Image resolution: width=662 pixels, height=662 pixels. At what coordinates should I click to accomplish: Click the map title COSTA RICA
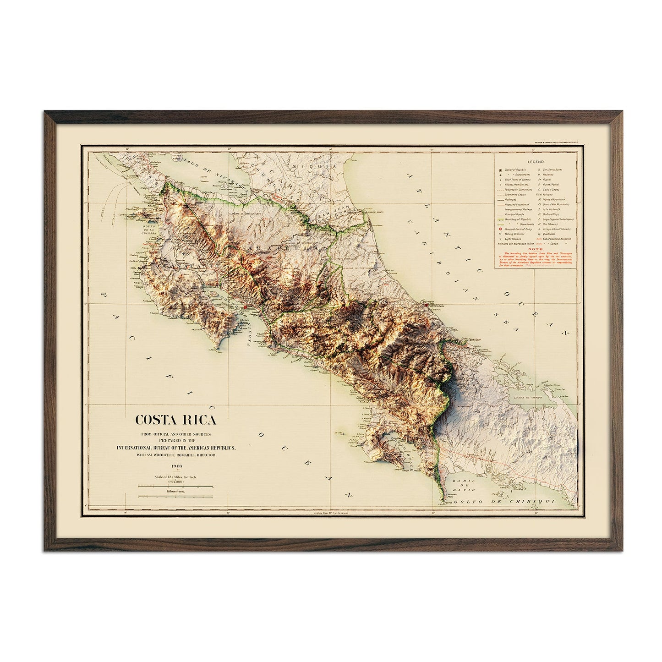pyautogui.click(x=175, y=420)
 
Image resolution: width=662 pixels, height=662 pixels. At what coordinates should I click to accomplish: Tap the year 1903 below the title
pyautogui.click(x=175, y=466)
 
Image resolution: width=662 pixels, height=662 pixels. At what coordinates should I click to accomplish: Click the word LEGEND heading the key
pyautogui.click(x=535, y=162)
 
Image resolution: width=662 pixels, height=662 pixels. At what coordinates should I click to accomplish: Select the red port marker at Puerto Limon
pyautogui.click(x=426, y=305)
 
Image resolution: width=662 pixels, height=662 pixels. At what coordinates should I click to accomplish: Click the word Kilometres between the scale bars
pyautogui.click(x=175, y=490)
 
